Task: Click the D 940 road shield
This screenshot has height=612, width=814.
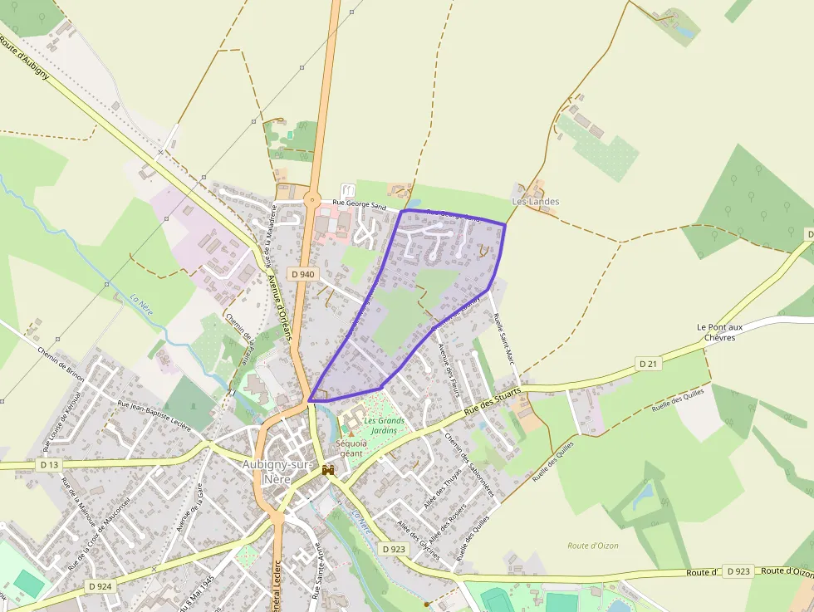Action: tap(302, 273)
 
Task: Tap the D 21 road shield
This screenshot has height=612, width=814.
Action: tap(649, 364)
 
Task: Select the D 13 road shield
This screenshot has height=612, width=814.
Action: tap(49, 464)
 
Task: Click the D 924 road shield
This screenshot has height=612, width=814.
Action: tap(99, 585)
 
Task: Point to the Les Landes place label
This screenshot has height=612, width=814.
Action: tap(535, 202)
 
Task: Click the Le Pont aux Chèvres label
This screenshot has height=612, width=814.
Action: tap(719, 332)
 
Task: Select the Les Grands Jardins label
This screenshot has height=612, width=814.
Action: tap(384, 425)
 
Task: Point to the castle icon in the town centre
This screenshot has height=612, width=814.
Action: tap(328, 471)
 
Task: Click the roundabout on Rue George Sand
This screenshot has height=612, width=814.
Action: tap(311, 198)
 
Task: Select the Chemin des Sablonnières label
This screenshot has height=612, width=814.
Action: tap(469, 464)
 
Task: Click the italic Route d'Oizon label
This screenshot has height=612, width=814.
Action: tap(592, 546)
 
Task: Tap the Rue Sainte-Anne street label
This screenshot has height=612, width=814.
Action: tap(317, 571)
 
